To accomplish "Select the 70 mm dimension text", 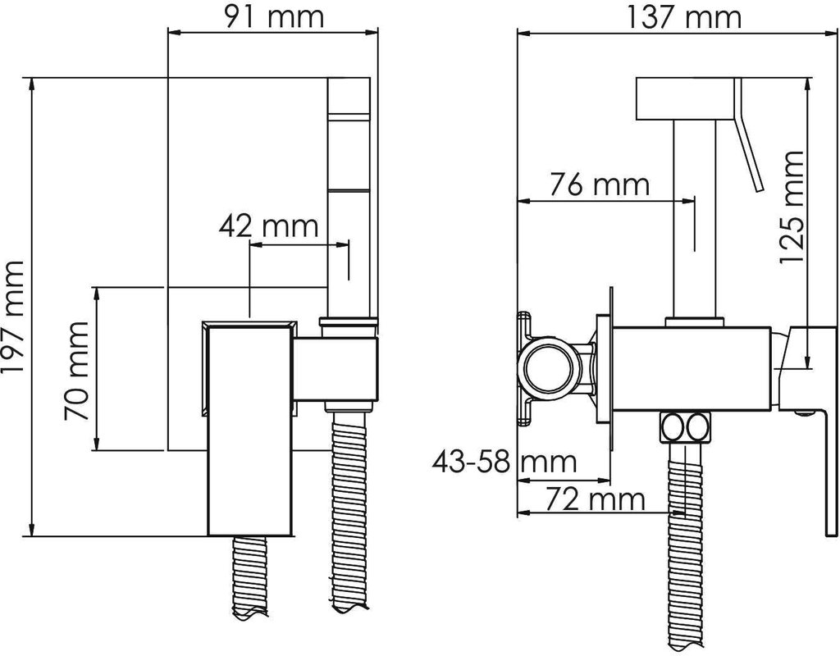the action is coord(75,370).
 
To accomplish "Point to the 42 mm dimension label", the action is coord(268,226).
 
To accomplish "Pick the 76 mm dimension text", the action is coord(600,184).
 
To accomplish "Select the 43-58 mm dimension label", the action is coord(504,462).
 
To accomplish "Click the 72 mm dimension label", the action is coord(596,499).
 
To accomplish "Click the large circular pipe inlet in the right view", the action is coord(552,370).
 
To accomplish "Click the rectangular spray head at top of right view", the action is coord(685,99).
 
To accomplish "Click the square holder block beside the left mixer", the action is coord(336,370).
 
